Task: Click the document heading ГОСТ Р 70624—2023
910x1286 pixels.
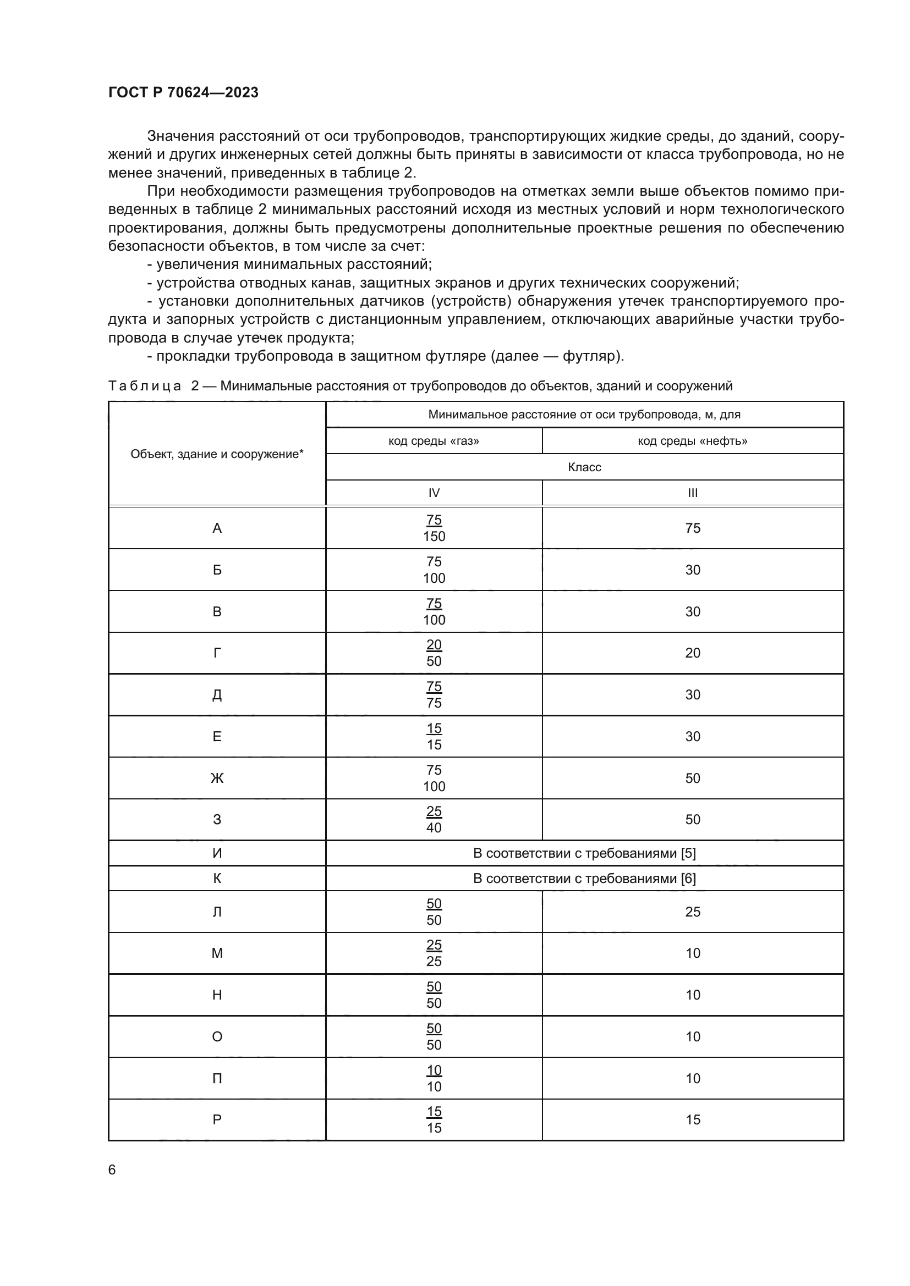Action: [x=183, y=92]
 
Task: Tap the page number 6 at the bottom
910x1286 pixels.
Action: [x=112, y=1169]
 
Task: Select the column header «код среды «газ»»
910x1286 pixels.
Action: [x=434, y=441]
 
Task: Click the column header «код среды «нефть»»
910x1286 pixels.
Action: [x=693, y=441]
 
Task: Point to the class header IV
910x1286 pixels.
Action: [x=434, y=493]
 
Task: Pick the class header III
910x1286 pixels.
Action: [x=693, y=493]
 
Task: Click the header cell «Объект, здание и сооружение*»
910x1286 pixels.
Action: [x=217, y=454]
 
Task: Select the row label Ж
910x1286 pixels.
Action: [x=217, y=778]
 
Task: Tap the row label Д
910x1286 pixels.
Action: [x=217, y=695]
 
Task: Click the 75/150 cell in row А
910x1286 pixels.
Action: [x=434, y=528]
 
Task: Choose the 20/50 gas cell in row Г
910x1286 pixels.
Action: [x=434, y=653]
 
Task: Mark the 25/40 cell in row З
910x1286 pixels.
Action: [x=434, y=819]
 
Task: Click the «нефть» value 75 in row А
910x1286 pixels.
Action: [x=693, y=528]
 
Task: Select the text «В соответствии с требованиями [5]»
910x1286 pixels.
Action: [x=584, y=853]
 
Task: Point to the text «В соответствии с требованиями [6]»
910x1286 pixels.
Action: [x=584, y=878]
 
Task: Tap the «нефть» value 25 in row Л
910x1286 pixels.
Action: [x=693, y=912]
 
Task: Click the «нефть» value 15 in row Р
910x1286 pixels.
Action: [x=693, y=1119]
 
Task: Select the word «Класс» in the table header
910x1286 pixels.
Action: [x=584, y=467]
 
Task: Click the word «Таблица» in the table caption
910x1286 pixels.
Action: [x=145, y=386]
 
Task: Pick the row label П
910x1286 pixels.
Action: [x=217, y=1078]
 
